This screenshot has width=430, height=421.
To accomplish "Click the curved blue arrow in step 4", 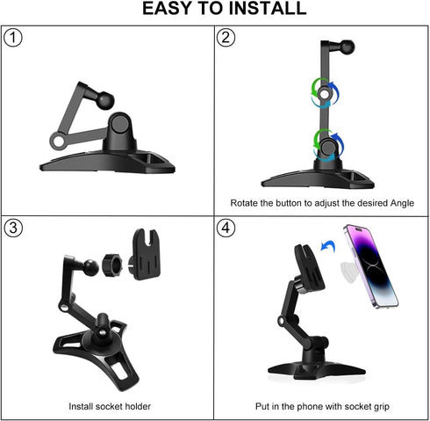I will point(329,251).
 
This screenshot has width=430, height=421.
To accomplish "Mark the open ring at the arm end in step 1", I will point(59,139).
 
